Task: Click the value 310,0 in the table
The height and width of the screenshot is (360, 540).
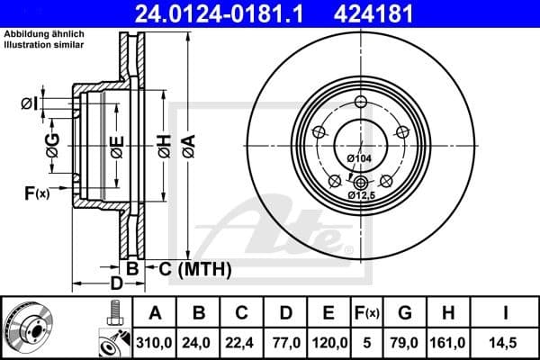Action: pos(155,342)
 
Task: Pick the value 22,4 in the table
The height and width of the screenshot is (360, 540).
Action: pos(241,342)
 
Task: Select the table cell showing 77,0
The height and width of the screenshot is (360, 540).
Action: pos(284,342)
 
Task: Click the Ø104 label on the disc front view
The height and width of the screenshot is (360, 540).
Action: pos(358,158)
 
